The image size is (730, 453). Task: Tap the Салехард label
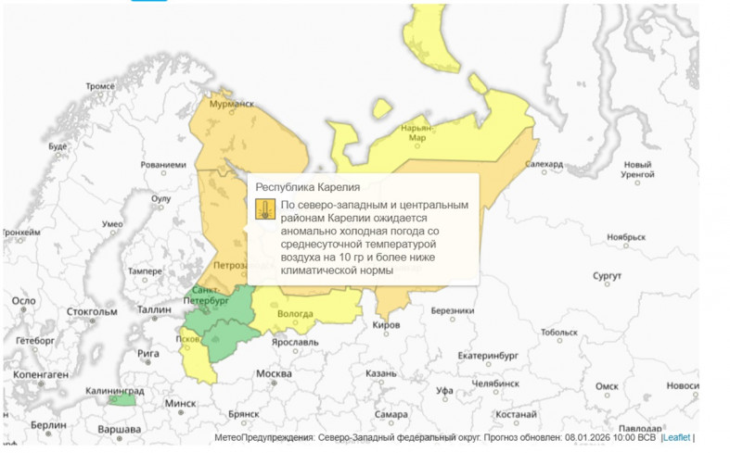pos(544,164)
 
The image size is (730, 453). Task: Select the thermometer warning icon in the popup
pos(264,208)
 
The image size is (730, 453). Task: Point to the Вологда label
pos(296,313)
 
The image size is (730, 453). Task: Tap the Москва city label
pos(274,373)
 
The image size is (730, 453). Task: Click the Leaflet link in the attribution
pos(677,437)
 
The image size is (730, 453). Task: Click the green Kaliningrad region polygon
pos(121,399)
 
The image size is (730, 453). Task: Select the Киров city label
pos(386,326)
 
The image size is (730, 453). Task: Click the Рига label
pos(147,353)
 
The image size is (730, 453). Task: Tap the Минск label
pos(181,403)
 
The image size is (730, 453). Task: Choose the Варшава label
pos(120,430)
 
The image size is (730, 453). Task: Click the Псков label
pos(189,339)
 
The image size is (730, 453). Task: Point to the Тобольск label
pos(558,332)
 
